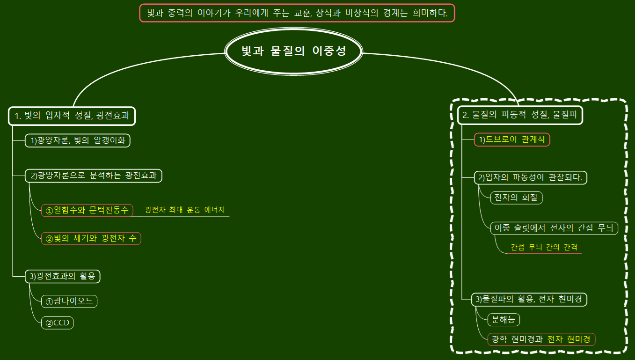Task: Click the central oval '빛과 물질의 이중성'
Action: (x=293, y=51)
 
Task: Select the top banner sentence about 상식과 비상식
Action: (x=297, y=13)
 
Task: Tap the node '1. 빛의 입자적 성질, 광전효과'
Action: (x=72, y=116)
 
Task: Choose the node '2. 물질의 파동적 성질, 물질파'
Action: (x=520, y=115)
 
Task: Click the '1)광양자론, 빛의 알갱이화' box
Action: (x=78, y=140)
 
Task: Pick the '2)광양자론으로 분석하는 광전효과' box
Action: (x=94, y=176)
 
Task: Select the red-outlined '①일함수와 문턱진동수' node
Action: (x=87, y=210)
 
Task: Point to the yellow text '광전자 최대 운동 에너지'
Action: (x=185, y=210)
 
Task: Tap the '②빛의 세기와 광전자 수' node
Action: (x=91, y=238)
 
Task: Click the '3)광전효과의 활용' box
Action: (x=63, y=276)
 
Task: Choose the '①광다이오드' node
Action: (x=69, y=301)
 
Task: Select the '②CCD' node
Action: (x=58, y=323)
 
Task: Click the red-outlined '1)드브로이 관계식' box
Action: (x=512, y=140)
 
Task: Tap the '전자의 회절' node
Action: (x=516, y=198)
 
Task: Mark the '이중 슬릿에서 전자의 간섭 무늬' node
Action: (x=554, y=228)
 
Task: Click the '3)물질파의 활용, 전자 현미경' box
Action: (x=529, y=299)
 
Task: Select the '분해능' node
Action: (x=504, y=320)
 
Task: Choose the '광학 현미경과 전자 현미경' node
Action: (x=541, y=339)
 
